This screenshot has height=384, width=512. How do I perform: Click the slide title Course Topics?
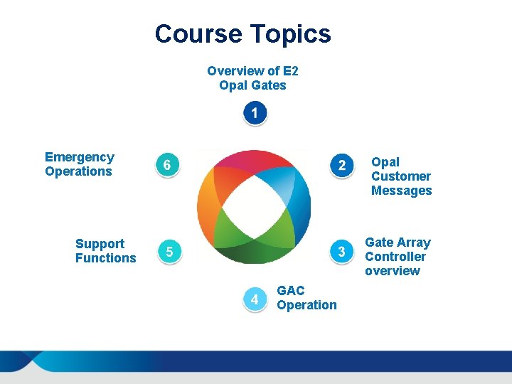click(x=242, y=33)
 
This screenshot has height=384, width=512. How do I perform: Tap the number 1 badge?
click(x=254, y=113)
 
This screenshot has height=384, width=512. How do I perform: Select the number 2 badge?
click(x=342, y=165)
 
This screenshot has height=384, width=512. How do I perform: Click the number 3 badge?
click(x=342, y=251)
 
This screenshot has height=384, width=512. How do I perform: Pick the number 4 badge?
click(x=254, y=299)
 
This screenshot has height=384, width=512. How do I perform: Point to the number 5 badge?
click(x=169, y=251)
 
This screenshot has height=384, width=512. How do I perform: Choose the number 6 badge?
click(x=166, y=165)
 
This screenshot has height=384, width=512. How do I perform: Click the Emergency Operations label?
click(x=79, y=164)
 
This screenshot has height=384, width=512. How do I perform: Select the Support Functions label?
click(x=105, y=251)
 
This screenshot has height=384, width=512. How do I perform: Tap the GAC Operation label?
click(x=306, y=298)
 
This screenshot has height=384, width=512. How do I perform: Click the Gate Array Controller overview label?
click(x=398, y=257)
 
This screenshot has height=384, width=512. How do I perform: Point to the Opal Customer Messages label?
click(x=401, y=176)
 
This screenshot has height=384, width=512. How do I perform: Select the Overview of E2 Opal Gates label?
click(x=253, y=78)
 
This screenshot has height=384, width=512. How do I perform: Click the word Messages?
click(x=401, y=191)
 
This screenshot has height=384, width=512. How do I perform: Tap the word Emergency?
click(x=79, y=157)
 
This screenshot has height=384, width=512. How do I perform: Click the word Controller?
click(x=395, y=257)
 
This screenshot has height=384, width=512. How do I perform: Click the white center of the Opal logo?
click(x=254, y=206)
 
